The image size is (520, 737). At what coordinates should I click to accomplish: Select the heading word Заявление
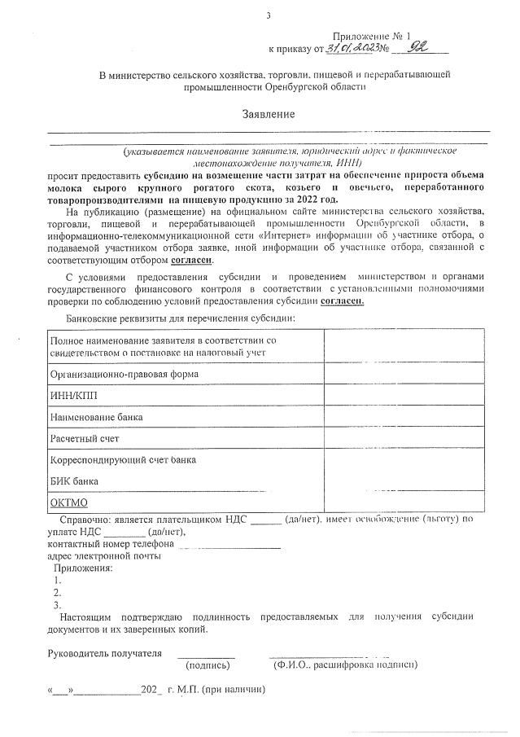269,114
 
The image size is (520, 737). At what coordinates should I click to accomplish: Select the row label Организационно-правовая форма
125,373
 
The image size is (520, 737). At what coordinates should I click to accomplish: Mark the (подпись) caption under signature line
208,666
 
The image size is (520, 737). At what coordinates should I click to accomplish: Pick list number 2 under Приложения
57,593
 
